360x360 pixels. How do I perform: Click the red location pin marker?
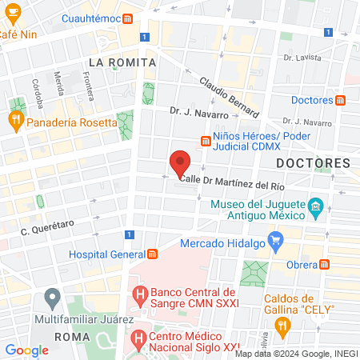pos(180,163)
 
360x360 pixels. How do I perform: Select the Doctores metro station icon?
pos(341,100)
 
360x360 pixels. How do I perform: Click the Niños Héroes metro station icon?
pos(206,141)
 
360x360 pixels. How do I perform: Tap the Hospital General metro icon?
pos(152,254)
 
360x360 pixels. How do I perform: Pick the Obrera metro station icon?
pos(329,265)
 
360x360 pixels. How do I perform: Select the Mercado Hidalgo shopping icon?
pos(277,238)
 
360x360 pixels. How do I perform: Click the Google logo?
pos(26,350)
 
